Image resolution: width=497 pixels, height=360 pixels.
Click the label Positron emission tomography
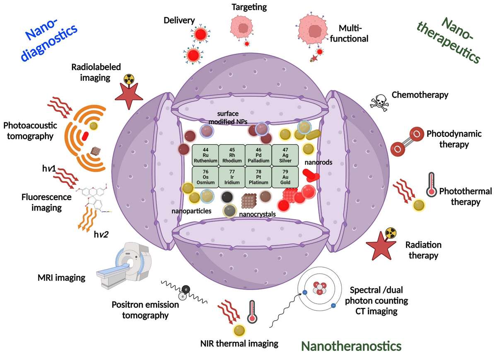click(x=145, y=310)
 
